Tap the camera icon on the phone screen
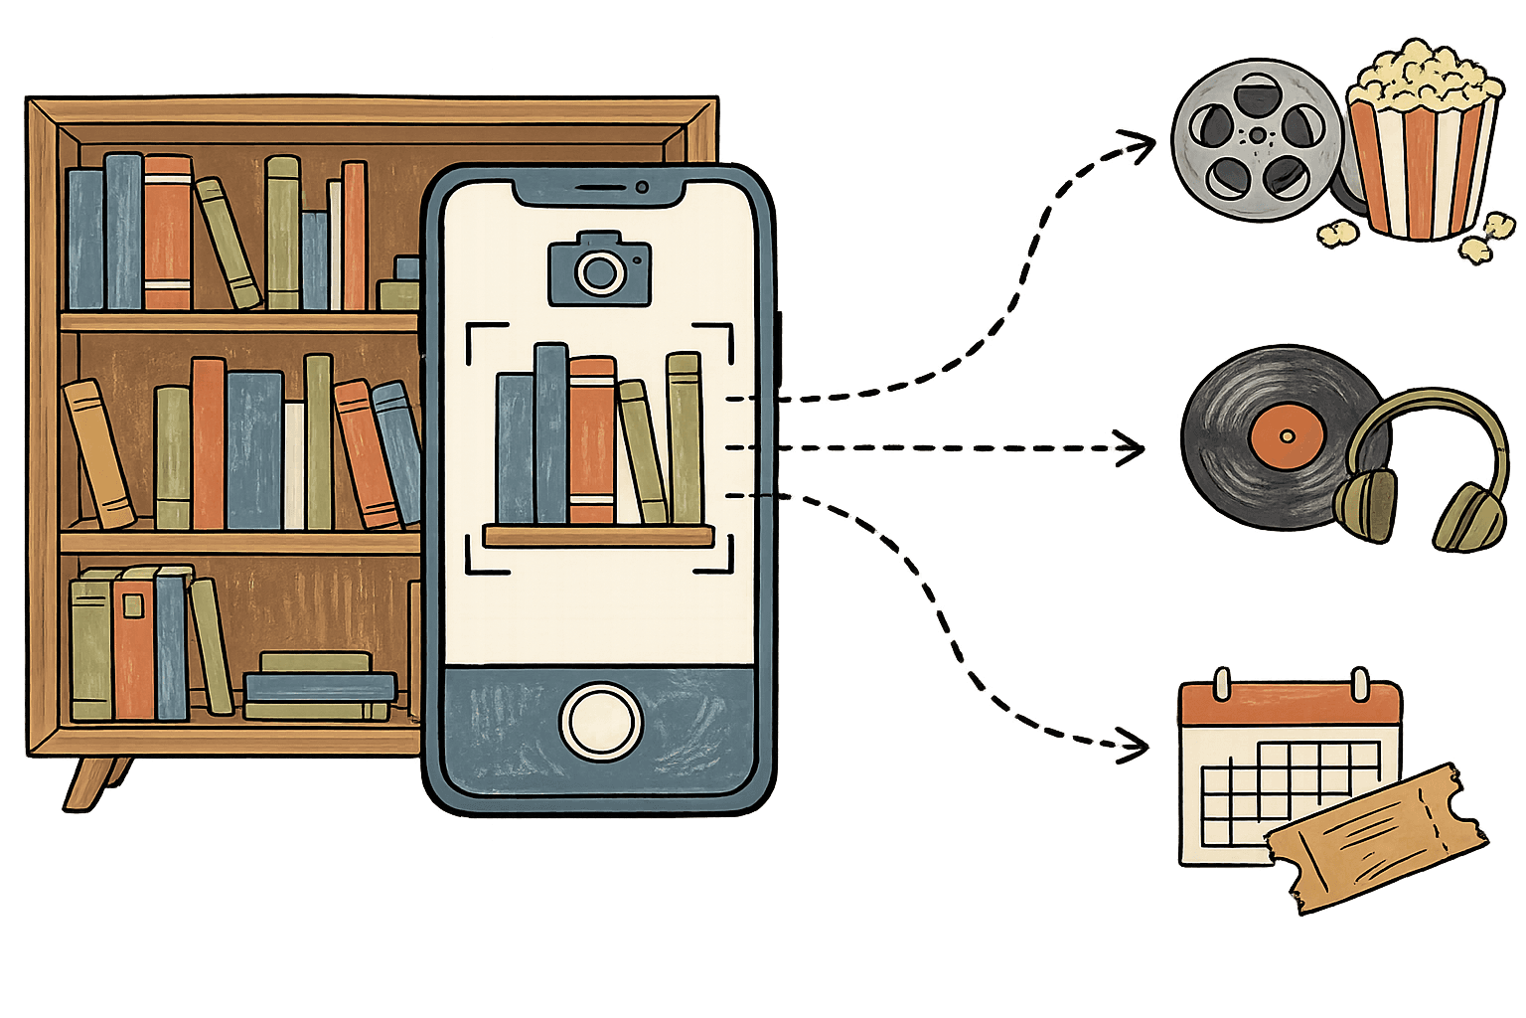click(599, 268)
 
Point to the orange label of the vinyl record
click(1287, 436)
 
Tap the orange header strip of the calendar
click(1290, 705)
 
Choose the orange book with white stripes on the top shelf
click(167, 233)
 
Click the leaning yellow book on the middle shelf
click(98, 453)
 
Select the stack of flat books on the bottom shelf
click(318, 686)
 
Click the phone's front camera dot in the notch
click(643, 187)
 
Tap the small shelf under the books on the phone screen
click(598, 537)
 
